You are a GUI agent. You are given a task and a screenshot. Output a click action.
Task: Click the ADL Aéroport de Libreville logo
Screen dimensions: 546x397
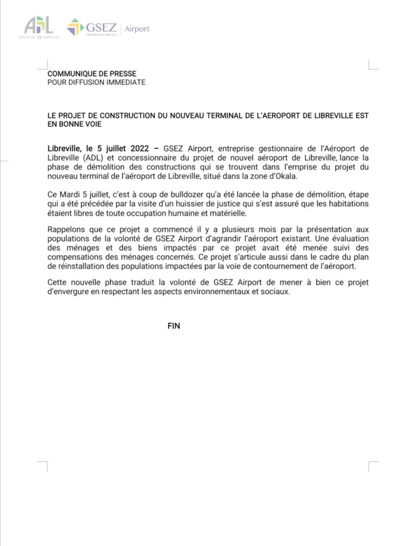coord(38,27)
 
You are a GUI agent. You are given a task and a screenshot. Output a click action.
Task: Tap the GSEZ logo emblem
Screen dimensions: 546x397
coord(74,27)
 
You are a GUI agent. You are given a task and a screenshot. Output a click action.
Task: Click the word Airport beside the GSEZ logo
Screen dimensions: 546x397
coord(137,28)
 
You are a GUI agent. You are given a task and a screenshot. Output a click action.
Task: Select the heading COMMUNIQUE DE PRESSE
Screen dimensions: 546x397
coord(92,74)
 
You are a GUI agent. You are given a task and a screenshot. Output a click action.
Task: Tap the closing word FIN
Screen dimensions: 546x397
coord(174,326)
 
